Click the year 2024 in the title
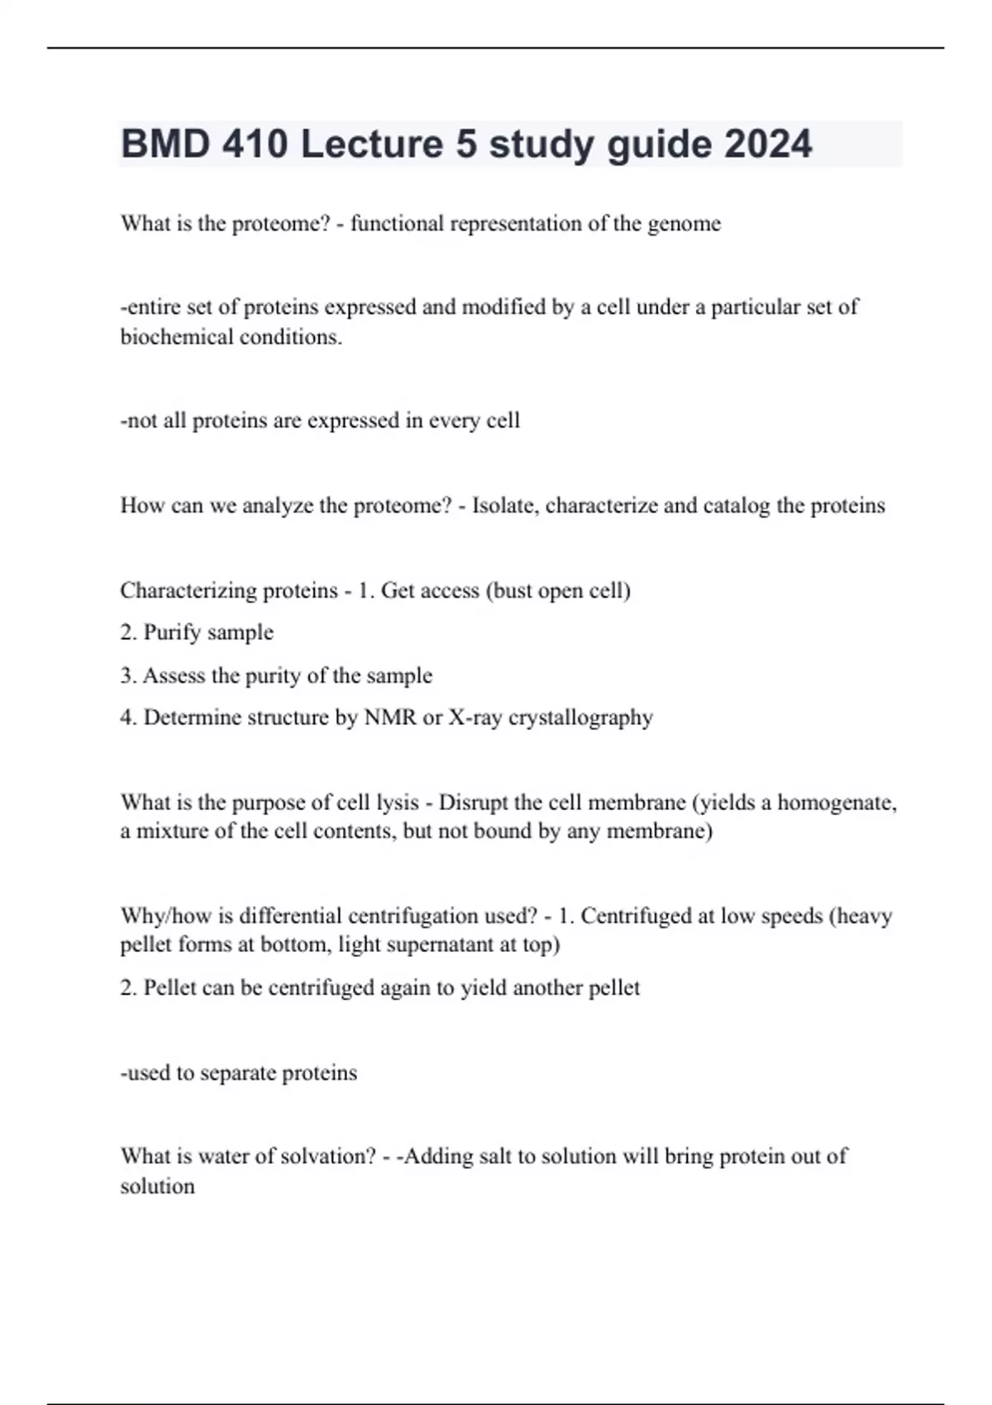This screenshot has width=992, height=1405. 769,145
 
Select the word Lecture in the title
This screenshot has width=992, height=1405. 372,145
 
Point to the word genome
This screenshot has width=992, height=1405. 684,224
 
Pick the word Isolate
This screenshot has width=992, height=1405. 503,505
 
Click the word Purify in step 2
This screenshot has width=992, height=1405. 170,633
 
